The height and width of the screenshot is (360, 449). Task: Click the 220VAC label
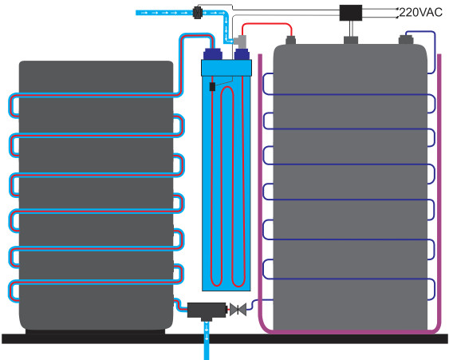tap(420, 12)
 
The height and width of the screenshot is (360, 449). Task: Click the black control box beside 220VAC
tap(351, 13)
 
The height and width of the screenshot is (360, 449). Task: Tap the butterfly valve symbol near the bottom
tap(238, 310)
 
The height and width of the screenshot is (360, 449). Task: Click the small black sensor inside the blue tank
tap(212, 86)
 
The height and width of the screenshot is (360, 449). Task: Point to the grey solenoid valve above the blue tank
tap(240, 42)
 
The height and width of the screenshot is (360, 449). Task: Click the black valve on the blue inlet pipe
tap(198, 13)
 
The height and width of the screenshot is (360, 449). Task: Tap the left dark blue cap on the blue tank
tap(212, 54)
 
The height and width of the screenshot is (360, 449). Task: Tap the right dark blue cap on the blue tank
tap(242, 54)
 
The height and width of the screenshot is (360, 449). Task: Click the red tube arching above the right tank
tap(267, 24)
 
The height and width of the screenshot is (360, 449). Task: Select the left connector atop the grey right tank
tap(290, 40)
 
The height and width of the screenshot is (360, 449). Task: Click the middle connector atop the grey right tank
tap(351, 40)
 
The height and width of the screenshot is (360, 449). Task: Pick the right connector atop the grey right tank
tap(406, 40)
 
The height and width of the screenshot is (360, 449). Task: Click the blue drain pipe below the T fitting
tap(207, 341)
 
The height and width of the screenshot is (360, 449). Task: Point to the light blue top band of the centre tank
tap(226, 68)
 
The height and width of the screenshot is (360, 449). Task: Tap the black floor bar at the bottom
tap(225, 338)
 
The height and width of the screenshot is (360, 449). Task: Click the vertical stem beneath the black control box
tap(351, 29)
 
